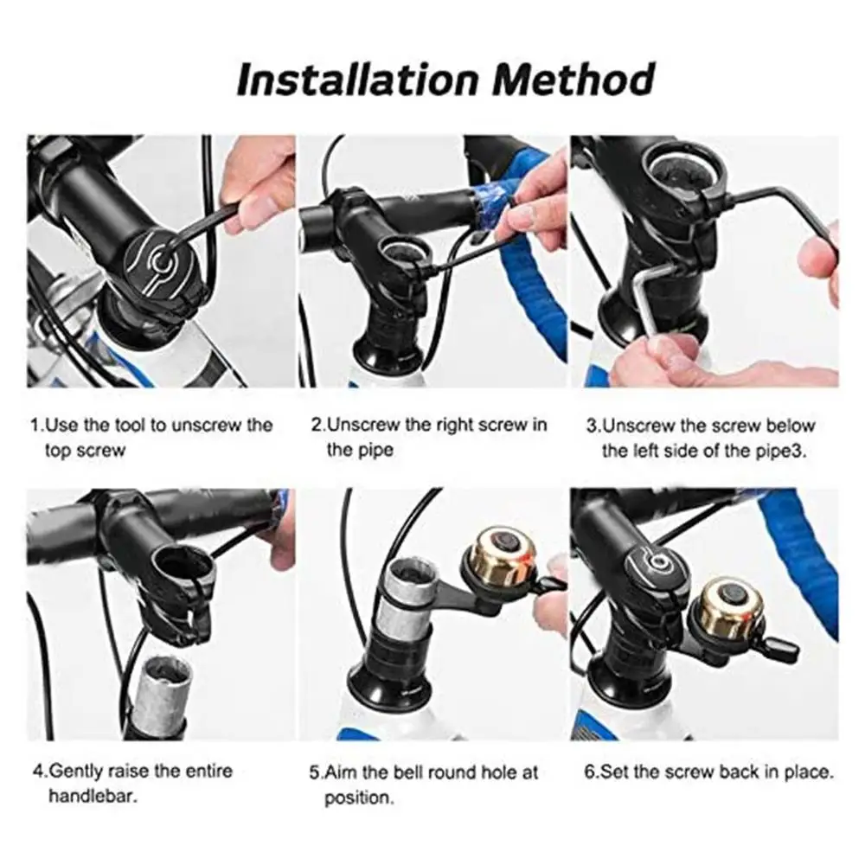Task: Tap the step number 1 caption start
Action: click(x=35, y=426)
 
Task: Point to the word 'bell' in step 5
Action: click(x=413, y=772)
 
